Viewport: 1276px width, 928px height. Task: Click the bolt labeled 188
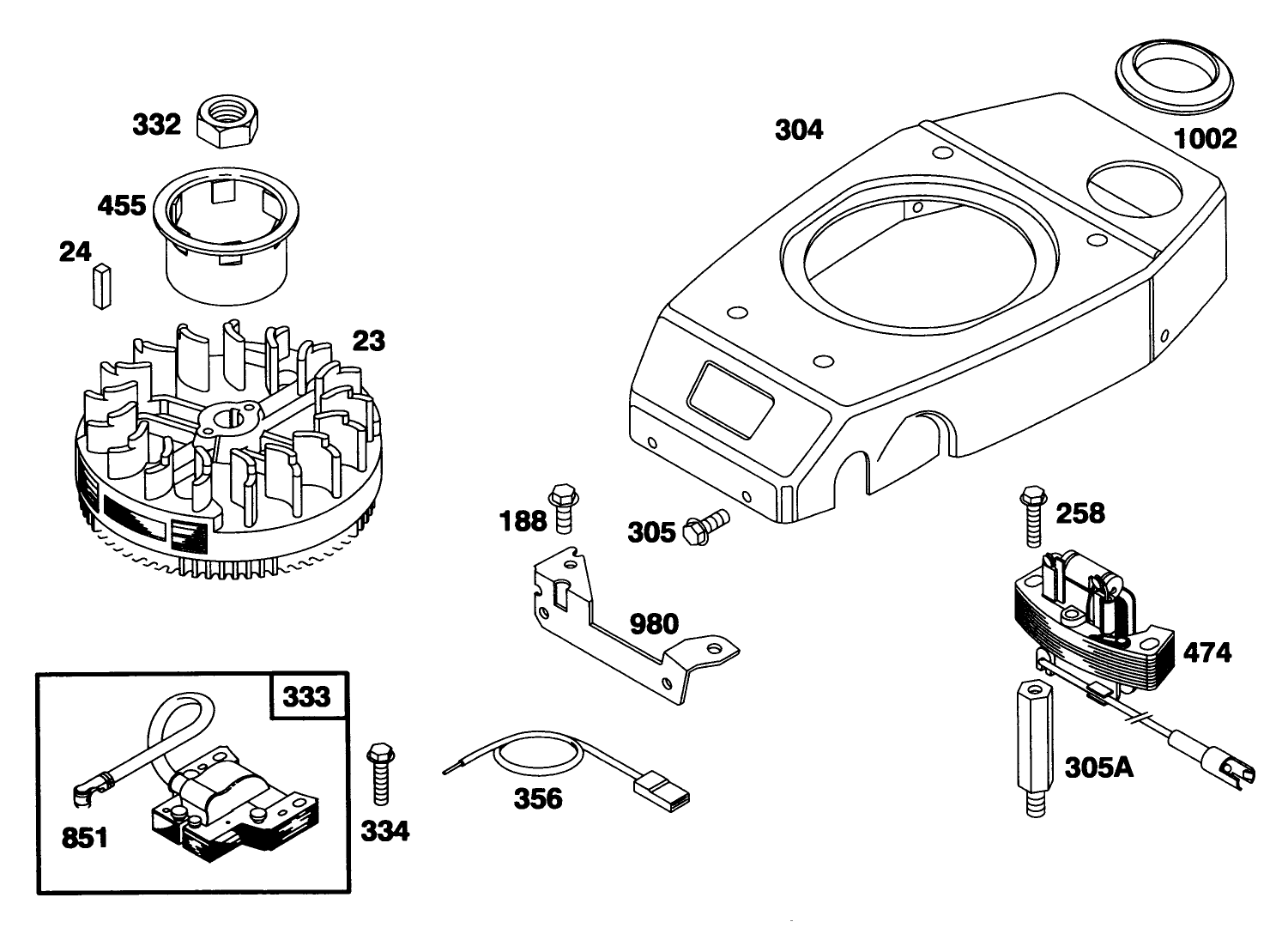pyautogui.click(x=560, y=508)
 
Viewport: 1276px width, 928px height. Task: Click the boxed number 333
pyautogui.click(x=306, y=695)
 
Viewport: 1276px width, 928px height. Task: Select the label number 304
pyautogui.click(x=798, y=130)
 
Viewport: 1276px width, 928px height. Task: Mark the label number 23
pyautogui.click(x=368, y=341)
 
